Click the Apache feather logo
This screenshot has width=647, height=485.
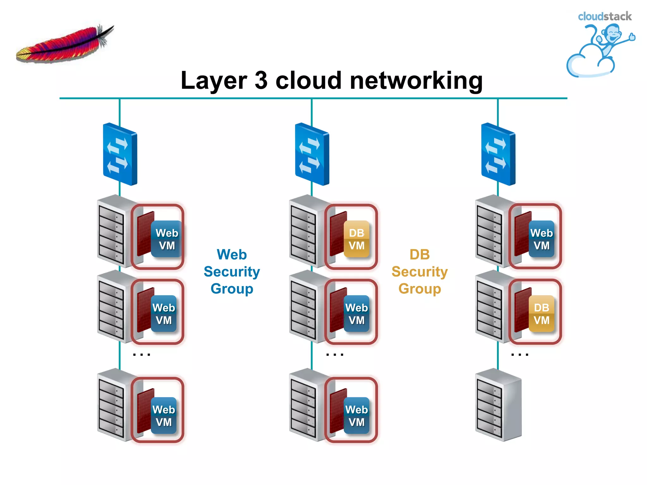click(65, 44)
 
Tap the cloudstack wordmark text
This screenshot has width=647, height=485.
click(604, 16)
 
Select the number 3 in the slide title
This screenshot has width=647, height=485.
click(261, 81)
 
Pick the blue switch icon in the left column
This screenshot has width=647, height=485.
click(120, 154)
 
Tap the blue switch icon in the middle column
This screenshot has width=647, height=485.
click(312, 154)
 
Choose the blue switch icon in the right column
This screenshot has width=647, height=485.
click(498, 154)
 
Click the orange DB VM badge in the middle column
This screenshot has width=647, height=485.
click(356, 239)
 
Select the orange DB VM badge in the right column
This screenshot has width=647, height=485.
click(541, 314)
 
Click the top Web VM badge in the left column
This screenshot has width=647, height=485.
click(167, 239)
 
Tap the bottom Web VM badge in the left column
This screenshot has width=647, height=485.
click(164, 416)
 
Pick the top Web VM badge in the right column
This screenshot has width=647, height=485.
click(541, 239)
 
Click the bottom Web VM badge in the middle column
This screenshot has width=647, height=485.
click(356, 416)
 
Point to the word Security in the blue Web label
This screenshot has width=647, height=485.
click(232, 272)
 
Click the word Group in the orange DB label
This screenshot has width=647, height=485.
click(420, 289)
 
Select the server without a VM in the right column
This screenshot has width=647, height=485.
click(498, 405)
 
